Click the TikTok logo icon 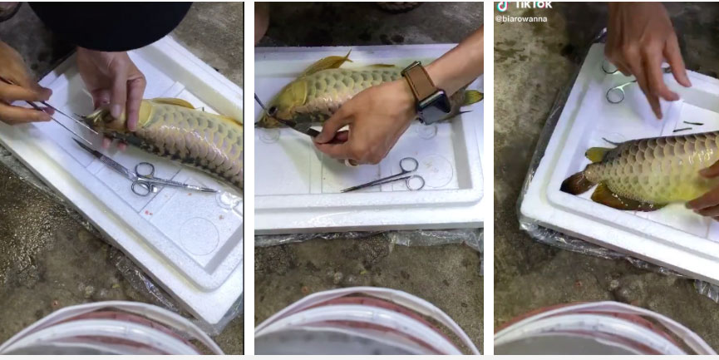tap(502, 6)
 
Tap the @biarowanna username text tap(521, 19)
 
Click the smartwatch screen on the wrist tap(434, 107)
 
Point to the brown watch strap tap(419, 81)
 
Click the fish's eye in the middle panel tap(273, 111)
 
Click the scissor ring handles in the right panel tap(617, 86)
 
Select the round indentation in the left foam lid tap(199, 236)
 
